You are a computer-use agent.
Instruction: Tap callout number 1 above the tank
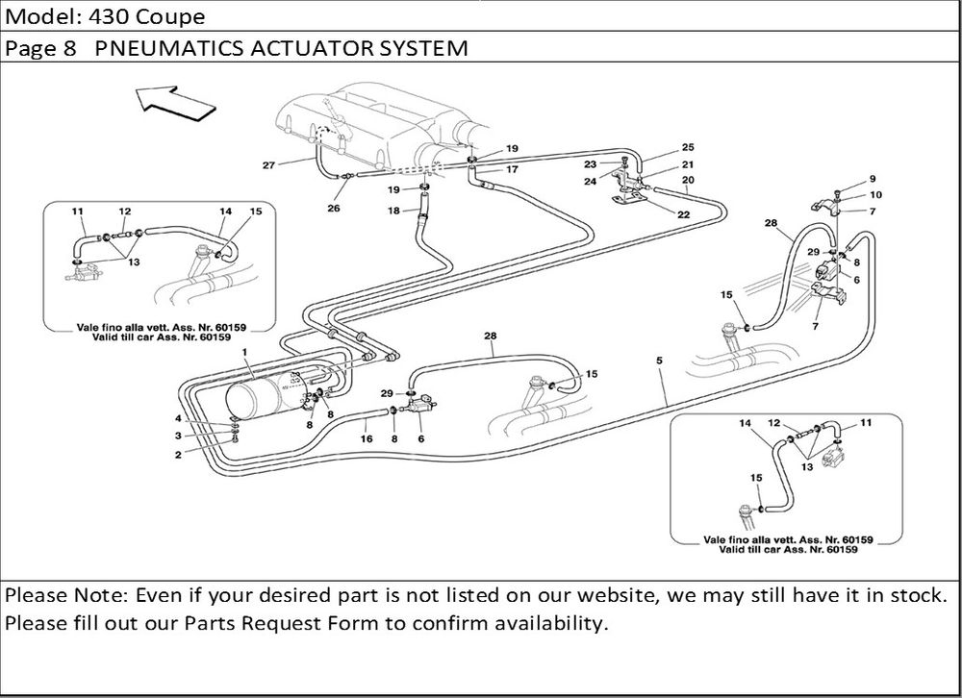247,353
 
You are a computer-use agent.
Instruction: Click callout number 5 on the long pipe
659,361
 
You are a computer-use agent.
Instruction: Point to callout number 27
269,165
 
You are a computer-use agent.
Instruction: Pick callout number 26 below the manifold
333,207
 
